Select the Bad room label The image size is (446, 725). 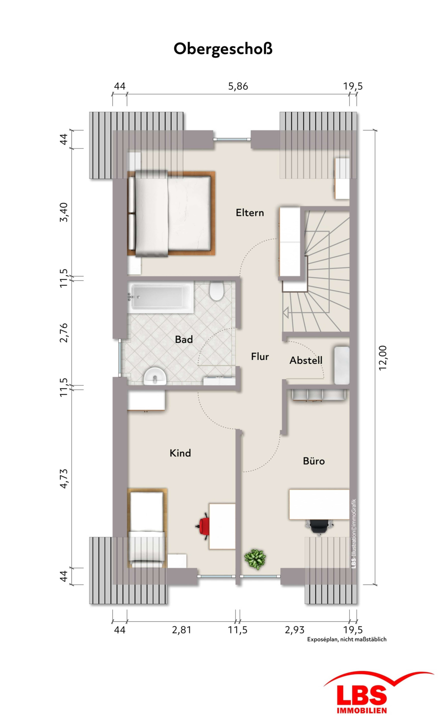click(x=184, y=340)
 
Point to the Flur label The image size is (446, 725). click(x=260, y=357)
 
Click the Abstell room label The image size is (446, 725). click(x=306, y=360)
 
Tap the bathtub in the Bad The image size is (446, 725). click(x=161, y=297)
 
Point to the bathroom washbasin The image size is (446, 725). click(x=155, y=376)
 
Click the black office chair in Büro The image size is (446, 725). click(x=319, y=527)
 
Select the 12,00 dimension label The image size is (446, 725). click(x=383, y=358)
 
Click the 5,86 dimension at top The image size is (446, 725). click(x=238, y=86)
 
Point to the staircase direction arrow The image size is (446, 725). click(x=285, y=312)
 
